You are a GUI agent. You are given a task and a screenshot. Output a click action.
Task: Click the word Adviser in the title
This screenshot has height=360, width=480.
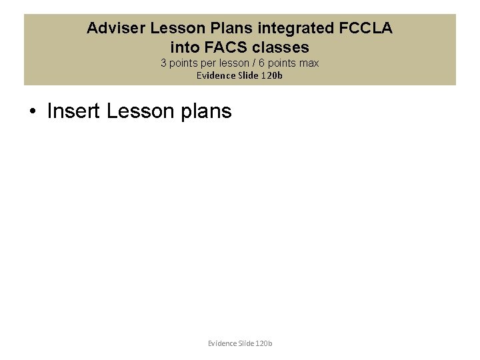pyautogui.click(x=116, y=29)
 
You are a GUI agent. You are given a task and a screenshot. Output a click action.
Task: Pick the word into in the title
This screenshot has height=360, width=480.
pyautogui.click(x=184, y=47)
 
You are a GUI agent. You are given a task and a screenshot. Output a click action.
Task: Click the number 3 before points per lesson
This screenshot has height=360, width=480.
pyautogui.click(x=164, y=63)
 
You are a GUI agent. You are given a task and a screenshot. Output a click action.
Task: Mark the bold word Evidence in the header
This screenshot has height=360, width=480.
pyautogui.click(x=215, y=75)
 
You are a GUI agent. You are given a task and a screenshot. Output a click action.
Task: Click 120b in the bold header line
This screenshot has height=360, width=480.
pyautogui.click(x=271, y=75)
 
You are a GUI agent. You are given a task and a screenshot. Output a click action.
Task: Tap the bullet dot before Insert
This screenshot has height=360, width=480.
pyautogui.click(x=32, y=111)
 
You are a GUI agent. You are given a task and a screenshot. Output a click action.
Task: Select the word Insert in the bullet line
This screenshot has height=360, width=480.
pyautogui.click(x=74, y=111)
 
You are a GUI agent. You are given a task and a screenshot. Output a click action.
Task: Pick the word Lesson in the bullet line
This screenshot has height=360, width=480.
pyautogui.click(x=139, y=111)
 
